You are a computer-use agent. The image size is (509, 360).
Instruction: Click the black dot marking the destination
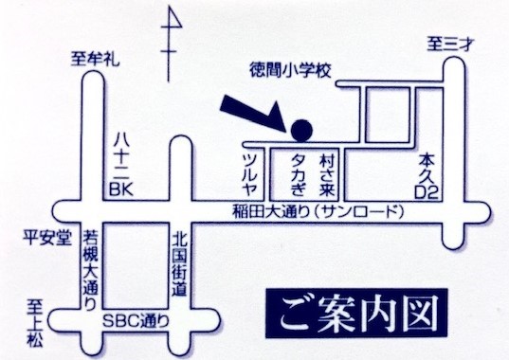301,128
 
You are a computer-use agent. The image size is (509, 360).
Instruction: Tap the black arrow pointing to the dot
251,111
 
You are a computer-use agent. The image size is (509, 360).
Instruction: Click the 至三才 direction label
448,42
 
